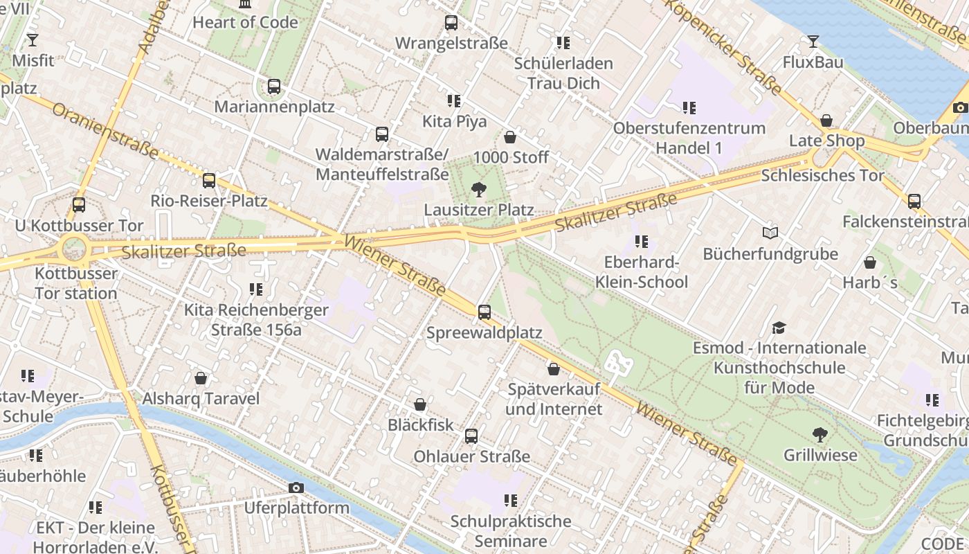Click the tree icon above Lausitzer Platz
click(x=478, y=189)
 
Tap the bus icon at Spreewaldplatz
click(x=484, y=312)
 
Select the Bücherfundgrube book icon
click(x=770, y=233)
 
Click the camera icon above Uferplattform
click(x=296, y=488)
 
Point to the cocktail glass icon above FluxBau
click(x=813, y=42)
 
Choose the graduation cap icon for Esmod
click(x=779, y=327)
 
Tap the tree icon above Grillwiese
click(x=820, y=435)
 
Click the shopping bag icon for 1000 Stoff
click(x=510, y=137)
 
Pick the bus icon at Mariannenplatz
click(x=274, y=87)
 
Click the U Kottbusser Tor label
click(x=79, y=226)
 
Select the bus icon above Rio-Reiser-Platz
click(x=209, y=181)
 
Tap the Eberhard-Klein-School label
click(x=642, y=272)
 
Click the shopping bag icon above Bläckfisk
click(x=420, y=404)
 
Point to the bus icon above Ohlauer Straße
click(x=471, y=436)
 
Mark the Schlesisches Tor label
click(x=822, y=175)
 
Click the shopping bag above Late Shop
click(x=826, y=120)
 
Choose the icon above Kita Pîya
click(x=454, y=101)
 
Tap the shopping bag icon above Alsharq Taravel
click(x=201, y=378)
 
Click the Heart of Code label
click(x=245, y=22)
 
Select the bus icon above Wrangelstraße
click(x=451, y=22)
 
